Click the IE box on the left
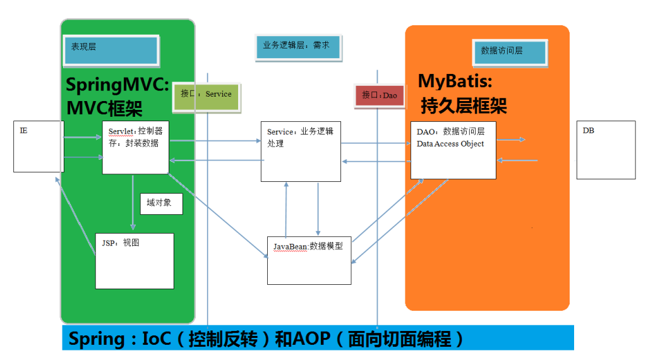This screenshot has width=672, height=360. click(x=39, y=147)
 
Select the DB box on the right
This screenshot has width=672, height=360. click(x=606, y=150)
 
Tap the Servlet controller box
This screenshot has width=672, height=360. click(x=135, y=148)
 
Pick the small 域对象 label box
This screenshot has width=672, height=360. click(x=161, y=203)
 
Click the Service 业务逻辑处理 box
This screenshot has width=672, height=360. click(x=301, y=152)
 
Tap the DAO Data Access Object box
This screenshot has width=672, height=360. click(x=453, y=150)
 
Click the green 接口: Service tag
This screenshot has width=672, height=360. click(x=207, y=95)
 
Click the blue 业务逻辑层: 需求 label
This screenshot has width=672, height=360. click(x=298, y=47)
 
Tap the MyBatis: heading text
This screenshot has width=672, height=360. click(x=455, y=81)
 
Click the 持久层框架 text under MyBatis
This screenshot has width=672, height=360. click(x=463, y=105)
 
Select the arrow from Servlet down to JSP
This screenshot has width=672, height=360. click(x=133, y=202)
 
